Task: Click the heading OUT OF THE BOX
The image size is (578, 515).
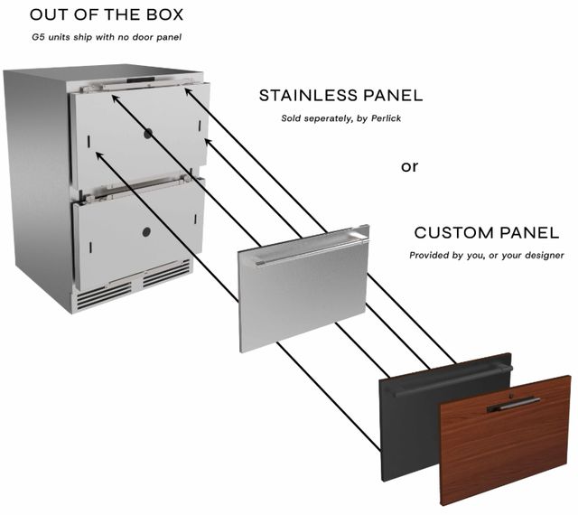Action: (107, 14)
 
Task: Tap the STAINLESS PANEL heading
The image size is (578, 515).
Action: (340, 96)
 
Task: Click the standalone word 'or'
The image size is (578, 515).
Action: (409, 167)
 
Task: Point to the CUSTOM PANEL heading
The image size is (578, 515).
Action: (487, 233)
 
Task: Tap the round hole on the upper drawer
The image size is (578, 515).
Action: (148, 134)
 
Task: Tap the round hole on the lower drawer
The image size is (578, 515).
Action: (146, 232)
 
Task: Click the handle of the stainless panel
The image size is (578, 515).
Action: (312, 251)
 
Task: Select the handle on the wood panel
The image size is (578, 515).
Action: (514, 405)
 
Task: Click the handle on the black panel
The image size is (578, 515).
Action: (452, 381)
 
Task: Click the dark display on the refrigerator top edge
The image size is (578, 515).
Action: (141, 80)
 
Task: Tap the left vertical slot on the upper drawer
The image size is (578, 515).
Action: (89, 141)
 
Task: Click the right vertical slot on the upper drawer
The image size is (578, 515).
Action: (200, 126)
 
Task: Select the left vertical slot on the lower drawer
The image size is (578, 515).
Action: (90, 248)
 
